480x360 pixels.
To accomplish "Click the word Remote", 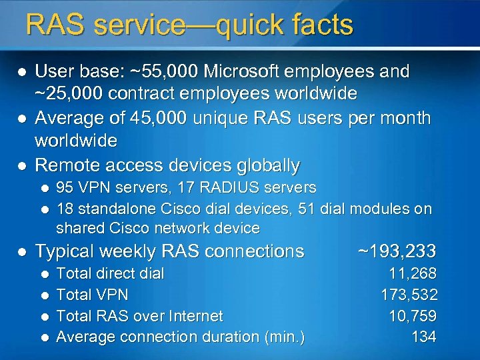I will click(67, 165).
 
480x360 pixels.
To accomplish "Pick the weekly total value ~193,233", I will click(397, 251).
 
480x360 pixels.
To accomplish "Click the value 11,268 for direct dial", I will click(413, 273).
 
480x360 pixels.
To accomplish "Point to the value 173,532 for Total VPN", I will click(409, 294).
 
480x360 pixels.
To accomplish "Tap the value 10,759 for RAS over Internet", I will click(413, 315).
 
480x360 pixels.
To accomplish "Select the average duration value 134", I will click(424, 337).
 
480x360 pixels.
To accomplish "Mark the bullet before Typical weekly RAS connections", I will click(21, 252).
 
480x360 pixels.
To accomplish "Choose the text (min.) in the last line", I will click(284, 337).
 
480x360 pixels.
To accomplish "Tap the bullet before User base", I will click(21, 71).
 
